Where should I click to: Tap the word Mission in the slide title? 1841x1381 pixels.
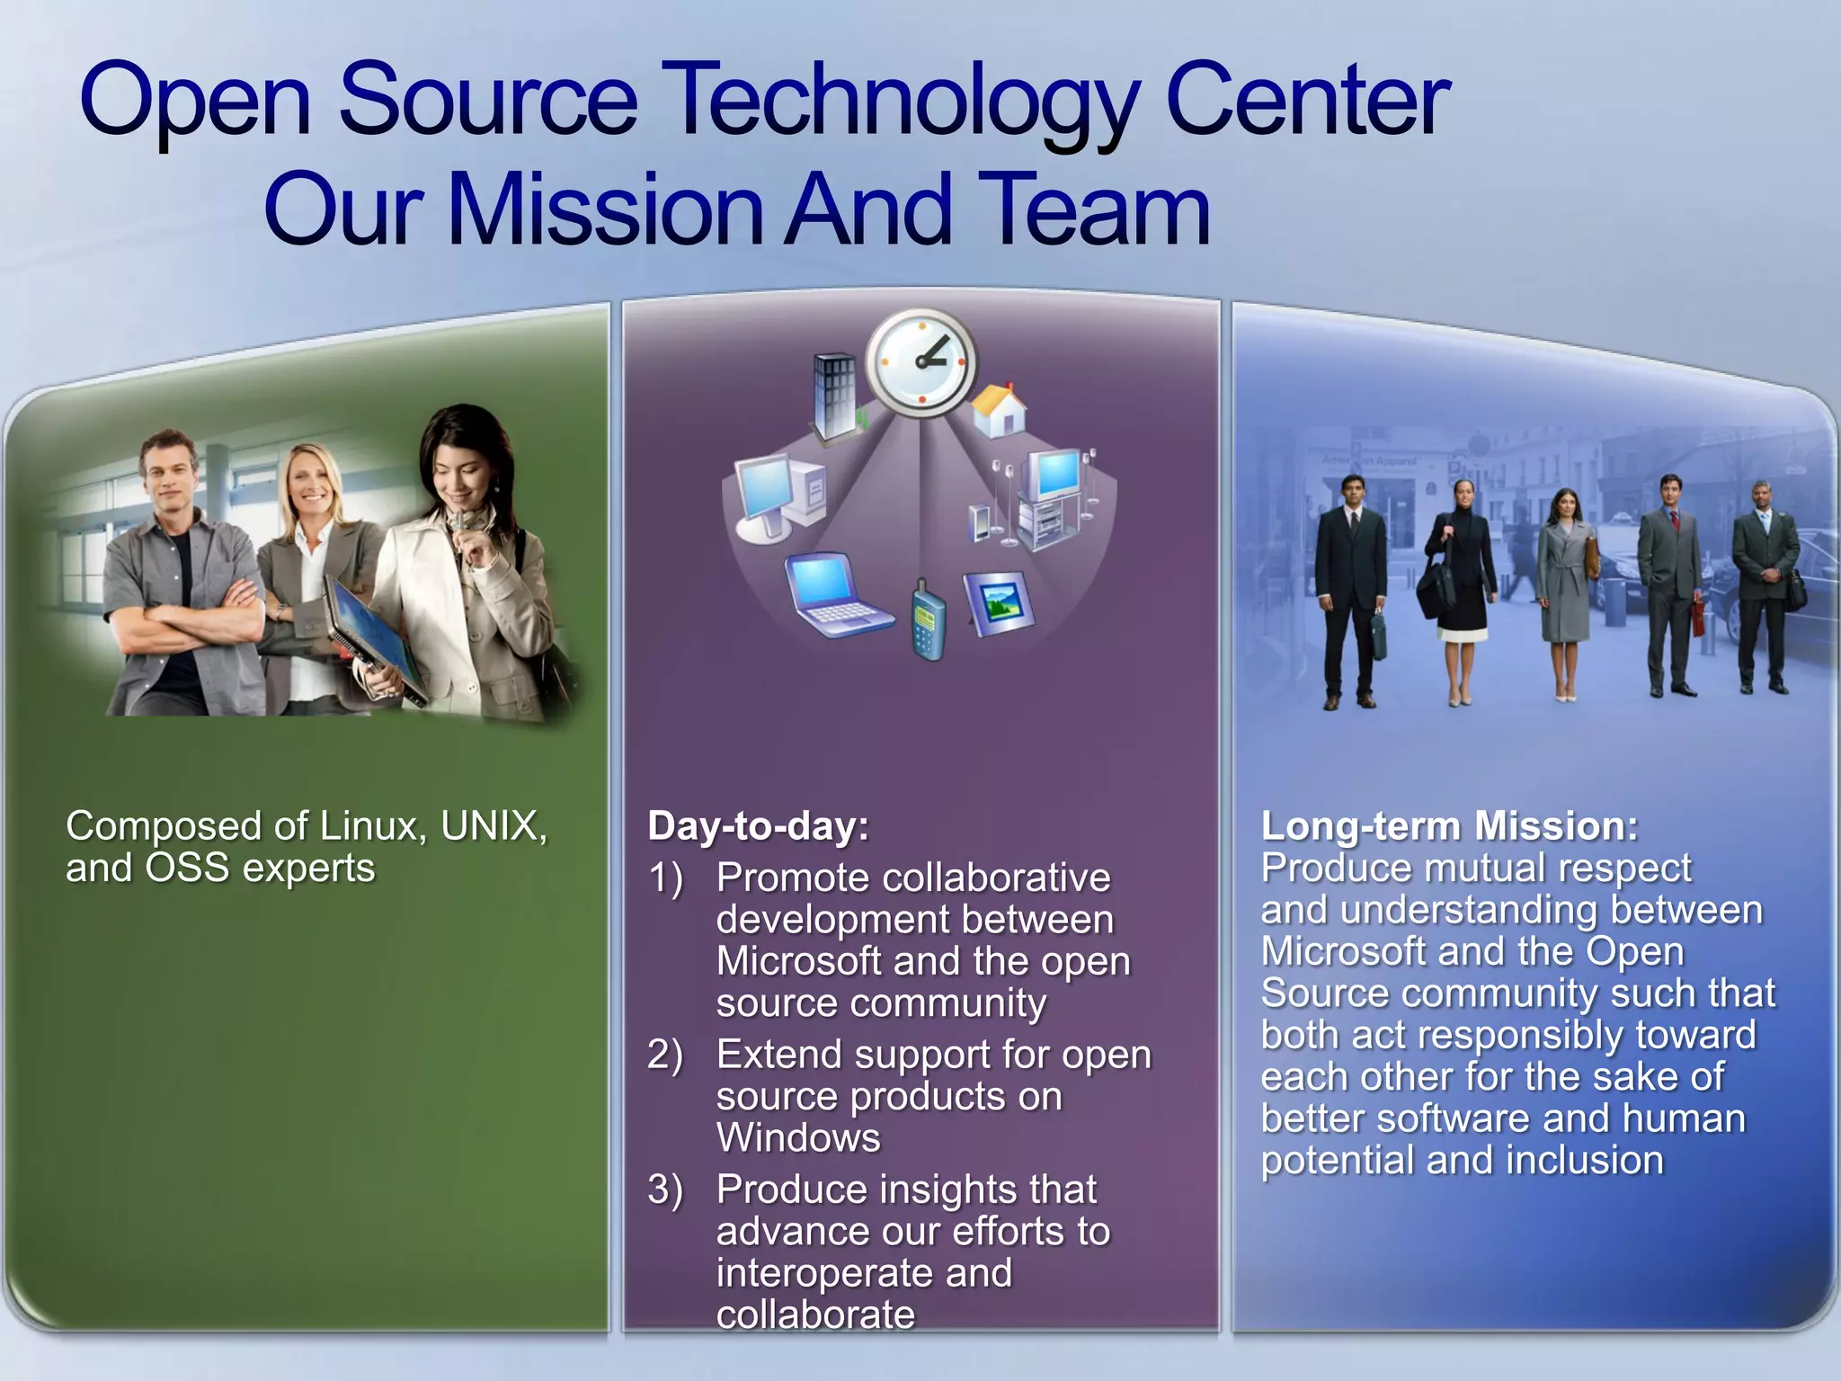(x=609, y=210)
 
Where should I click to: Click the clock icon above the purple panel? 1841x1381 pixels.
(x=920, y=362)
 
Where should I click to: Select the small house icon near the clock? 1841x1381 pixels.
(x=1000, y=410)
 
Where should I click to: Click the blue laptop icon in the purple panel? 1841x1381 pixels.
(x=834, y=594)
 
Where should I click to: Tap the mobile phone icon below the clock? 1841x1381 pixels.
(x=928, y=620)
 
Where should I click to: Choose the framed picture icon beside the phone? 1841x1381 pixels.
(x=998, y=601)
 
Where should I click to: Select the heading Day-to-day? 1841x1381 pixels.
(x=758, y=825)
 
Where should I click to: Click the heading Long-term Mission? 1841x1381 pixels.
(x=1449, y=825)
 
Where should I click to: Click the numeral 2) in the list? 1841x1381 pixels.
(x=665, y=1055)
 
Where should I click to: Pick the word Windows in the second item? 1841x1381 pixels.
(x=798, y=1138)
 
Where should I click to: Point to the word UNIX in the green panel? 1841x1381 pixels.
(x=493, y=825)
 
